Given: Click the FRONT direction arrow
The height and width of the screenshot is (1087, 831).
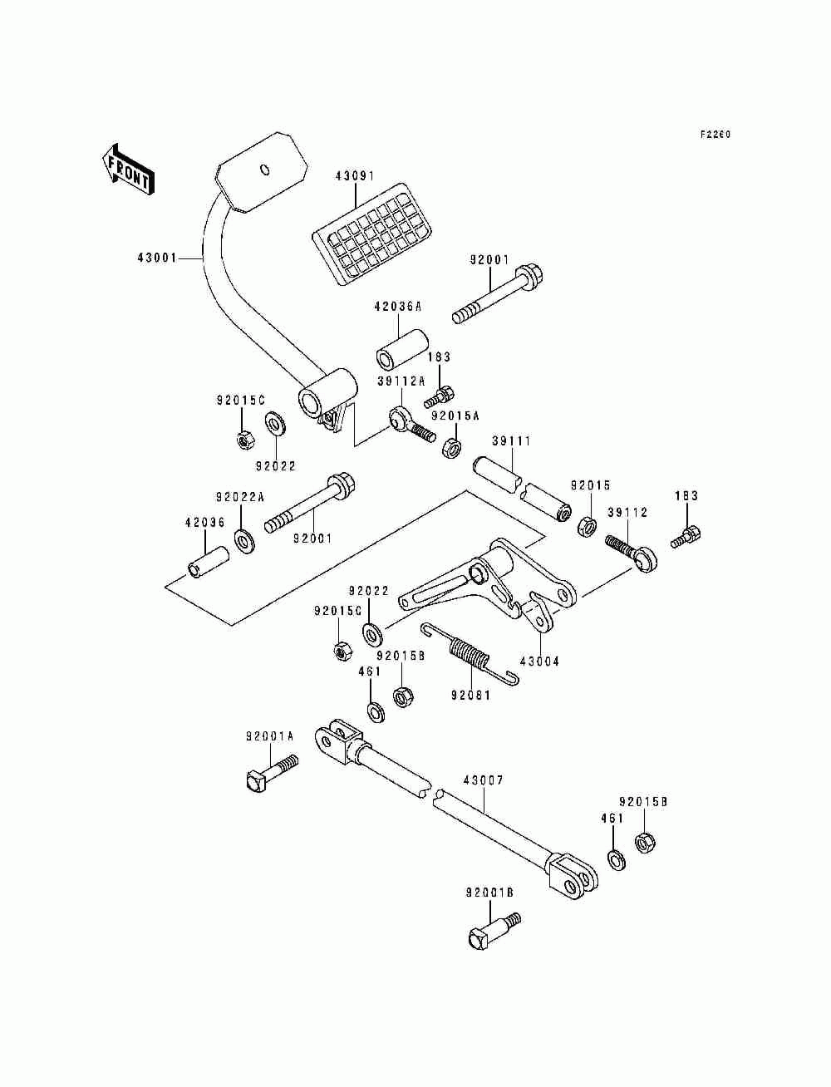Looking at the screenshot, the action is tap(128, 171).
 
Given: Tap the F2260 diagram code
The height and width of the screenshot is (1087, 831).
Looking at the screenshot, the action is tap(715, 135).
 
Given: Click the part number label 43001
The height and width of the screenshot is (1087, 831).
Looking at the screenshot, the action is tap(157, 258).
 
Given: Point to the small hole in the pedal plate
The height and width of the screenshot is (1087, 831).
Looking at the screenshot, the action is tap(265, 170).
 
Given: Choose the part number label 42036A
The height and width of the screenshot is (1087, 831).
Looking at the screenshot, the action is tap(397, 307).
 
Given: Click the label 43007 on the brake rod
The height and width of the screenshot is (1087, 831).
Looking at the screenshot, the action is tap(484, 780).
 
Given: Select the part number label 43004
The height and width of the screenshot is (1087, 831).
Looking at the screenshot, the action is tap(540, 662).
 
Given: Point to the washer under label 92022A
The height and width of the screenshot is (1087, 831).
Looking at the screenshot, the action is tap(244, 541).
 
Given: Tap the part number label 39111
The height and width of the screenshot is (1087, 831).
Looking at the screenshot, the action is tap(511, 440).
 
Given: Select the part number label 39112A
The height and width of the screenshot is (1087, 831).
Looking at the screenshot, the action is tap(401, 381).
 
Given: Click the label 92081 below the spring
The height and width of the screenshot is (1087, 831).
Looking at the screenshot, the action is tap(470, 696).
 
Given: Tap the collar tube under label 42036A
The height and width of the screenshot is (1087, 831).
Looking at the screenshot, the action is tap(402, 349).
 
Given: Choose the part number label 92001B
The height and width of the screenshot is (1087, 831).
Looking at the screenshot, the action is tap(489, 893).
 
